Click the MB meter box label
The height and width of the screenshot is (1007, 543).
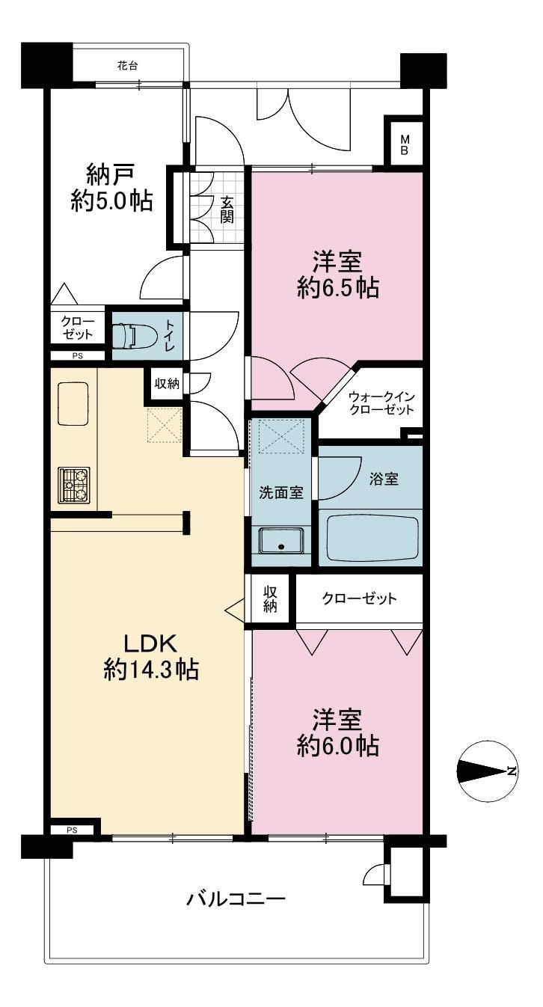tap(404, 144)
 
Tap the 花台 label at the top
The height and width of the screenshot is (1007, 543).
tap(127, 66)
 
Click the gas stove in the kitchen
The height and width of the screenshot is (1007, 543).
tap(74, 485)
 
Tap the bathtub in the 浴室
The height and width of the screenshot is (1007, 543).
tap(372, 537)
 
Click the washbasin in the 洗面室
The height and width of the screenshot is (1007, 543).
tap(281, 540)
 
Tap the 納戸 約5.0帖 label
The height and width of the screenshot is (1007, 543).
tap(111, 188)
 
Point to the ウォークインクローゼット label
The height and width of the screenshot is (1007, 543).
tap(381, 403)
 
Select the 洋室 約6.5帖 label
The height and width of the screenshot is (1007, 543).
tap(337, 275)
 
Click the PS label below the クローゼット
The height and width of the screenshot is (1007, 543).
tap(77, 356)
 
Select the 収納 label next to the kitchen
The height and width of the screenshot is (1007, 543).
tap(167, 384)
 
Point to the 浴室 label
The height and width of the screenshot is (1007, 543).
tap(384, 480)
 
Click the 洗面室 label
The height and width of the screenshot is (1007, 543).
tap(281, 493)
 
